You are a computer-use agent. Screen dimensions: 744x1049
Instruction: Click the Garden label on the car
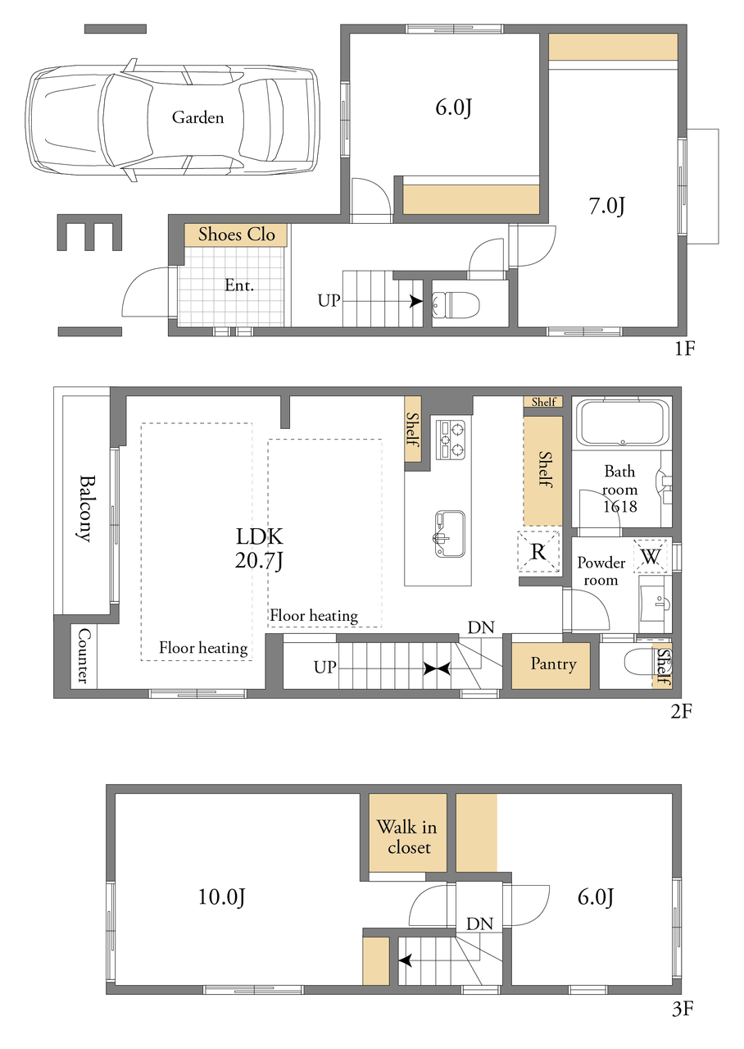pyautogui.click(x=197, y=117)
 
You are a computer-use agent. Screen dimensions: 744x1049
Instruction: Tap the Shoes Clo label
pyautogui.click(x=236, y=235)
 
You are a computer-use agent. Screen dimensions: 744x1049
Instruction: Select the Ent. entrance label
pyautogui.click(x=239, y=285)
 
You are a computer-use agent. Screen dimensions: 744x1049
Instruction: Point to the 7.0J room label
pyautogui.click(x=607, y=206)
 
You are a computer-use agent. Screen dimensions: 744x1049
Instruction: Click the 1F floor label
pyautogui.click(x=684, y=349)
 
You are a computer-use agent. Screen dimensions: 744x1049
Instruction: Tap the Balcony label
pyautogui.click(x=87, y=509)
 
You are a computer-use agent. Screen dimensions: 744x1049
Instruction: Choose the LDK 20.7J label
pyautogui.click(x=259, y=549)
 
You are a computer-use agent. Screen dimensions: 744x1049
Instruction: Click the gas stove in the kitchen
pyautogui.click(x=451, y=440)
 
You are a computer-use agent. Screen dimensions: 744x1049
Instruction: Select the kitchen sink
pyautogui.click(x=450, y=534)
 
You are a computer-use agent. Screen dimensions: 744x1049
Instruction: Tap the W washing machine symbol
pyautogui.click(x=651, y=557)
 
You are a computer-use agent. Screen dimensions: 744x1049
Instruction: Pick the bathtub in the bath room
pyautogui.click(x=622, y=423)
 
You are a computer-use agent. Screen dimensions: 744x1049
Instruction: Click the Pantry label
pyautogui.click(x=553, y=664)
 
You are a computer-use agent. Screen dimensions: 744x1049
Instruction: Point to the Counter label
pyautogui.click(x=84, y=655)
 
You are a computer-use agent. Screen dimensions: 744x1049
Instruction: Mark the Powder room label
pyautogui.click(x=601, y=572)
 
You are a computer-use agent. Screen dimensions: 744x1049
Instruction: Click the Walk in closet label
pyautogui.click(x=407, y=837)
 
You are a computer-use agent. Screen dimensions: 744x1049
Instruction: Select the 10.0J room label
pyautogui.click(x=221, y=898)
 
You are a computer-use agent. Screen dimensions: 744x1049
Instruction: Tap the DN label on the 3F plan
pyautogui.click(x=479, y=924)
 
